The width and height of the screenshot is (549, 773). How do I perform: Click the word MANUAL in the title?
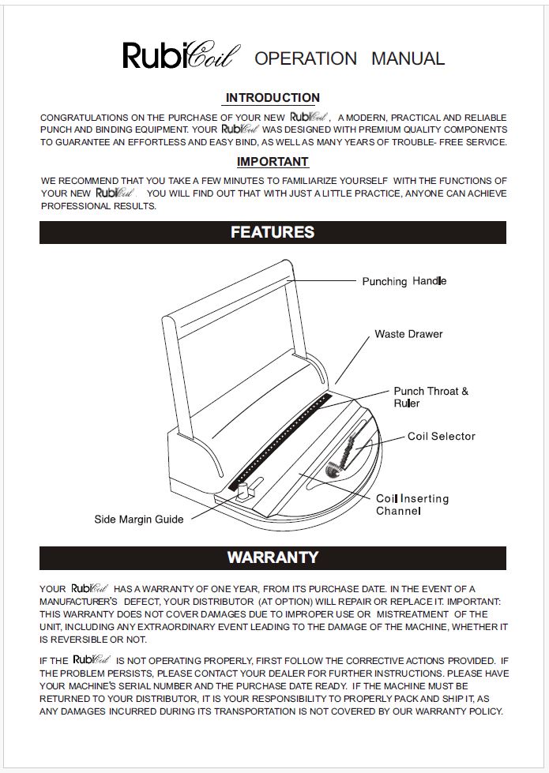[408, 58]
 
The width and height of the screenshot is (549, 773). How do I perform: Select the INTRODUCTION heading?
[273, 98]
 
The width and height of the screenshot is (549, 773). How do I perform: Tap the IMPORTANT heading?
[273, 162]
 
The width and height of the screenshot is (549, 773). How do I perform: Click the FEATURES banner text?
[273, 232]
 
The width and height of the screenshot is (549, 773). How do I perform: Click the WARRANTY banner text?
[273, 557]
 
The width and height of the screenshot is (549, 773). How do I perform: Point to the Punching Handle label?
[404, 281]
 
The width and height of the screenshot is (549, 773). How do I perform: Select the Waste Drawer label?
[408, 334]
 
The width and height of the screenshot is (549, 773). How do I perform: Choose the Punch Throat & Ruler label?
[431, 397]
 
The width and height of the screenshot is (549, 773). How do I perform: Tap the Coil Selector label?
[442, 436]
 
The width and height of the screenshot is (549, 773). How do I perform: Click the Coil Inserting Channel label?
[412, 505]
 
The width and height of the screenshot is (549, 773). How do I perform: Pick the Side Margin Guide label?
[139, 519]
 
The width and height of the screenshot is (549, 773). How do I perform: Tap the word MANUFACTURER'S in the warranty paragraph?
[79, 601]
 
